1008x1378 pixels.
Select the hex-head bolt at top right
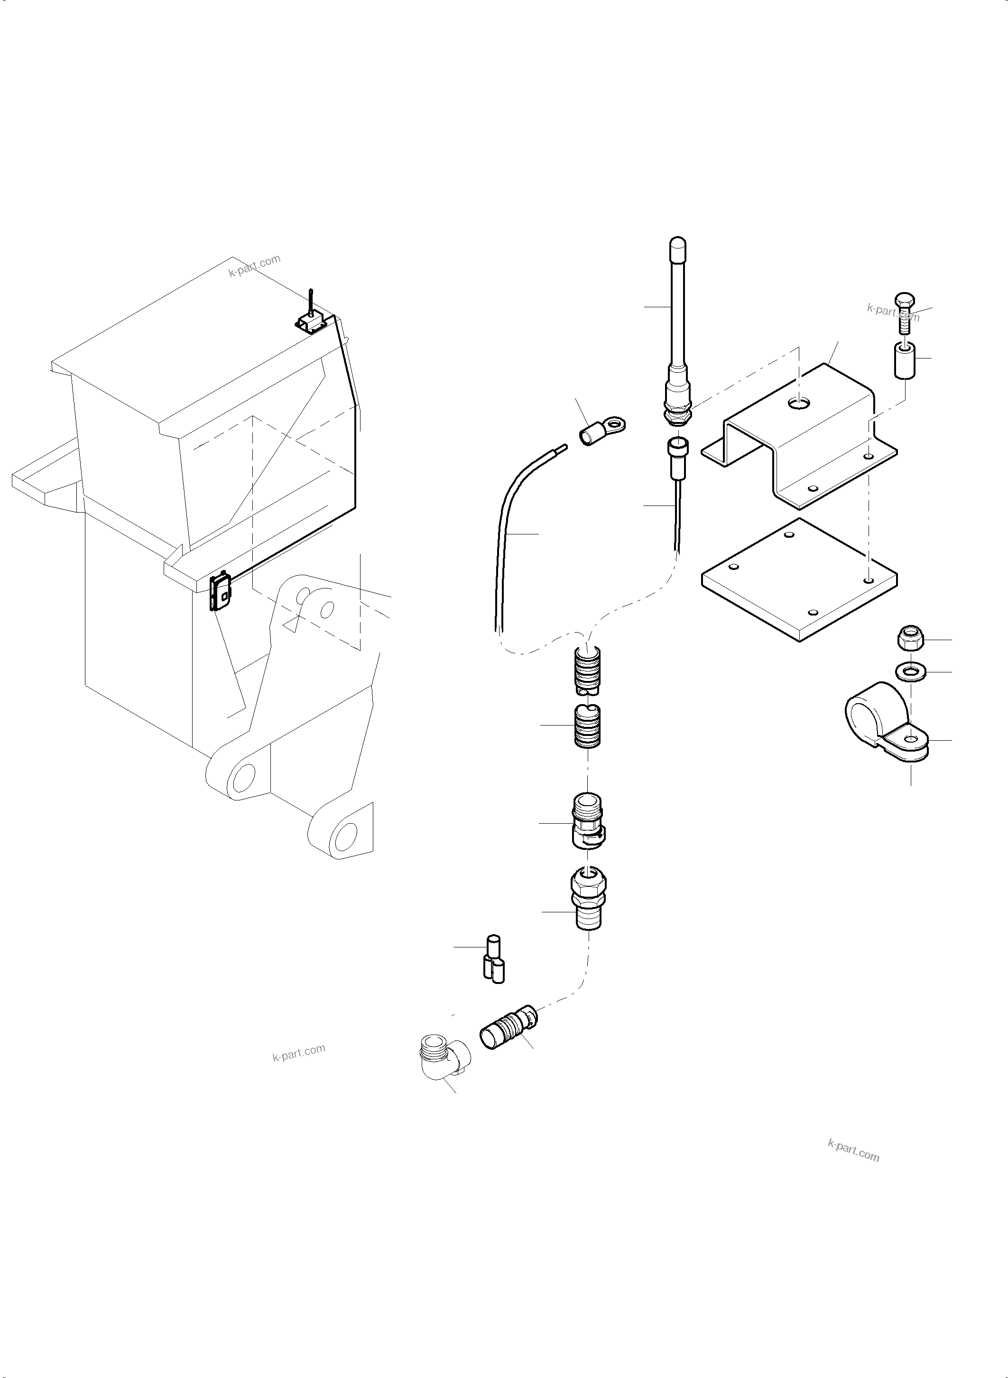tap(904, 312)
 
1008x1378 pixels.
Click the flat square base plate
tap(799, 579)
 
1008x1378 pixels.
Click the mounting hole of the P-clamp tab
tap(910, 739)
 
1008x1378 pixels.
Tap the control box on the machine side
tap(221, 592)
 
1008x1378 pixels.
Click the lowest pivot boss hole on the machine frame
tap(345, 833)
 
